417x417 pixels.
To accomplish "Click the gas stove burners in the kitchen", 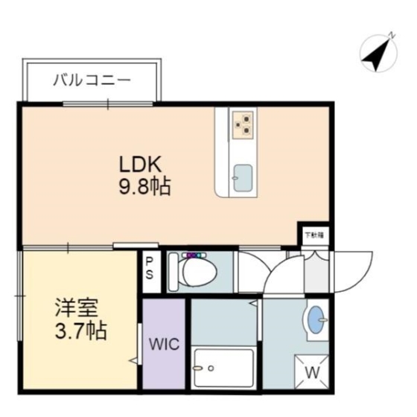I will [x=243, y=123].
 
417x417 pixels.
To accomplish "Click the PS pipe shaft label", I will [x=150, y=268].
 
